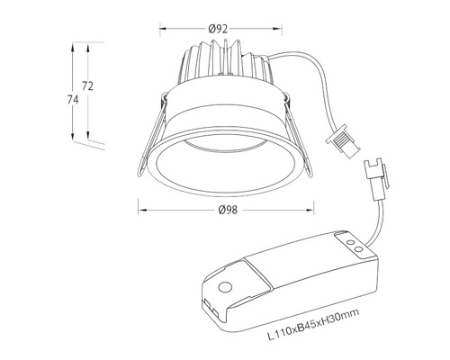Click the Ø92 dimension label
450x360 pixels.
coord(217,29)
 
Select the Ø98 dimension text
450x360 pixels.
coord(228,211)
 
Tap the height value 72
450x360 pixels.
coord(88,85)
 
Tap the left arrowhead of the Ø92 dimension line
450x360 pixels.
coord(162,29)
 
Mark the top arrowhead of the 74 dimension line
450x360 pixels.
coord(74,42)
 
